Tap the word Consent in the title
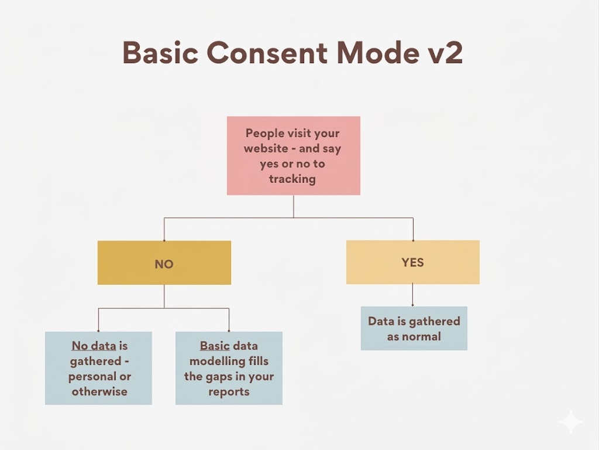pos(267,53)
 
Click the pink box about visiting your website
pos(293,155)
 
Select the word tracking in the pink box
pos(292,179)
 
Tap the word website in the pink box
pos(266,148)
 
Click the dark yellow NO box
pos(164,263)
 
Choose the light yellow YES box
pos(412,262)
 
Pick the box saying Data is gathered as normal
pos(414,329)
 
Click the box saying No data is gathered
pos(98,368)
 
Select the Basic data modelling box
pos(229,368)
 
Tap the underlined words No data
pos(94,346)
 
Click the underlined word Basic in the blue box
pos(215,346)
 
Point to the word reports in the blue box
pos(229,391)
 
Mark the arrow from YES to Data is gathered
pos(413,295)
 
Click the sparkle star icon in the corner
pos(570,422)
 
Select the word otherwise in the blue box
pos(99,391)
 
